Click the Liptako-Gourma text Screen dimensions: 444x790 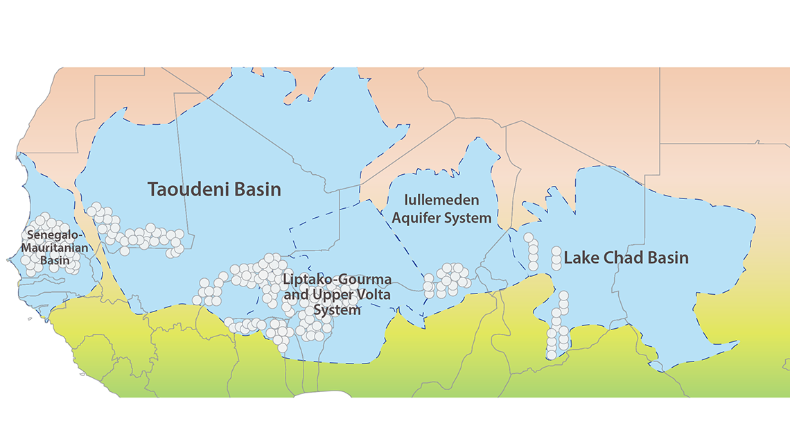pyautogui.click(x=337, y=280)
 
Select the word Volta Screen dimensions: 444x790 pyautogui.click(x=374, y=295)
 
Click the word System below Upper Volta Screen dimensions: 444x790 pyautogui.click(x=337, y=310)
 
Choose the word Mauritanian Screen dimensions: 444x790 pyautogui.click(x=51, y=247)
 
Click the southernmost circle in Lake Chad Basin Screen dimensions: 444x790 pyautogui.click(x=551, y=355)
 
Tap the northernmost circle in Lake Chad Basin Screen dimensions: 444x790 pyautogui.click(x=528, y=238)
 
